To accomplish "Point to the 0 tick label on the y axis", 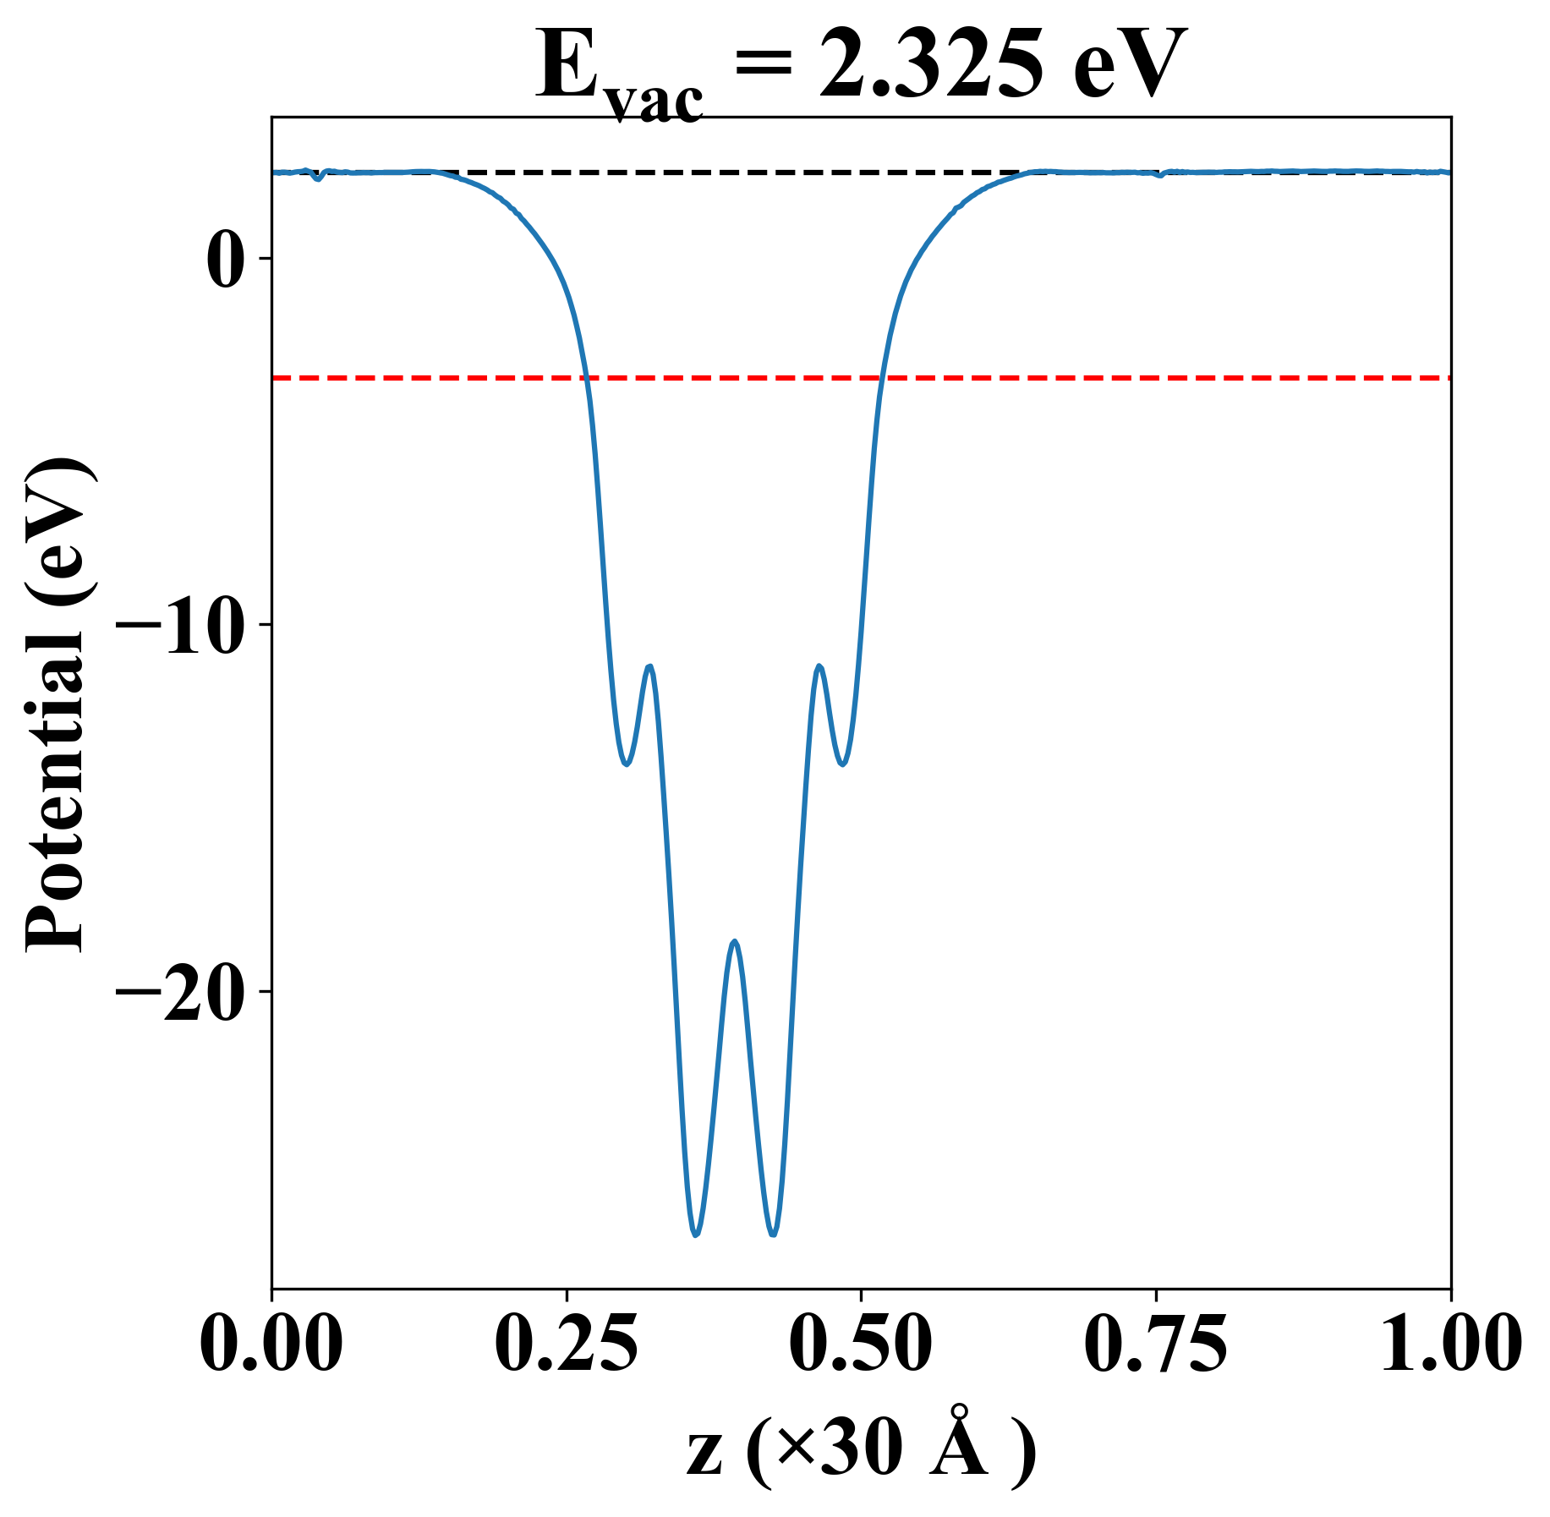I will [226, 259].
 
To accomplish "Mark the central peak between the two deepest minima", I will [735, 941].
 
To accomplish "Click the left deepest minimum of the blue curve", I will [695, 1235].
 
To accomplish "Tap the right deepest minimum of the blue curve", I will [773, 1235].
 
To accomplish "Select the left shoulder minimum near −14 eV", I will [626, 764].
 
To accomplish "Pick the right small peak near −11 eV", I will [819, 666].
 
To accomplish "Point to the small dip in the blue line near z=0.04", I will [317, 179].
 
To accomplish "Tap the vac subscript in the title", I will [655, 101].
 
